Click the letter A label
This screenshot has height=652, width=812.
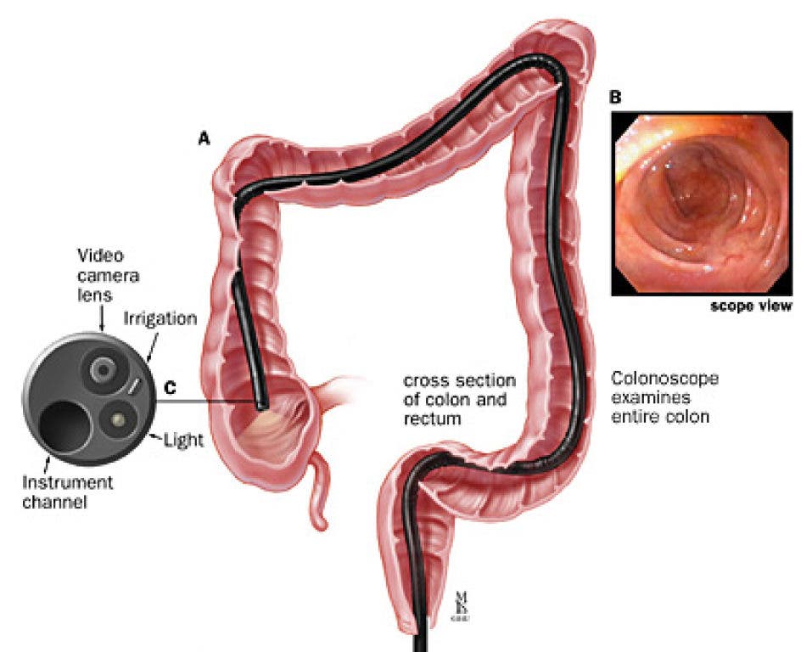click(x=204, y=138)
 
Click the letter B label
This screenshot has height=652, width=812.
click(x=616, y=98)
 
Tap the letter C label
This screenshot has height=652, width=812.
click(x=170, y=389)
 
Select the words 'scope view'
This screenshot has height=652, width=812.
click(x=750, y=306)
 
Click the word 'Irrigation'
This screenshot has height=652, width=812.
click(x=160, y=319)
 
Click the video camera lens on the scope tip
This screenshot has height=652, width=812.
click(x=104, y=369)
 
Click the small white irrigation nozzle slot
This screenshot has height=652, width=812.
click(x=136, y=386)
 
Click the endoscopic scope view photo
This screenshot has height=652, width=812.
click(x=701, y=203)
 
